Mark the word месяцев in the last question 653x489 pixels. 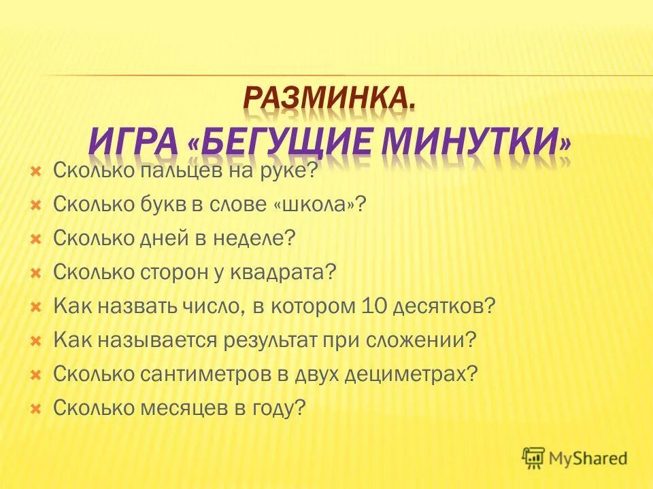(x=188, y=408)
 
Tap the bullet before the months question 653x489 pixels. (x=37, y=409)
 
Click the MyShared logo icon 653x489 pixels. (x=534, y=458)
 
